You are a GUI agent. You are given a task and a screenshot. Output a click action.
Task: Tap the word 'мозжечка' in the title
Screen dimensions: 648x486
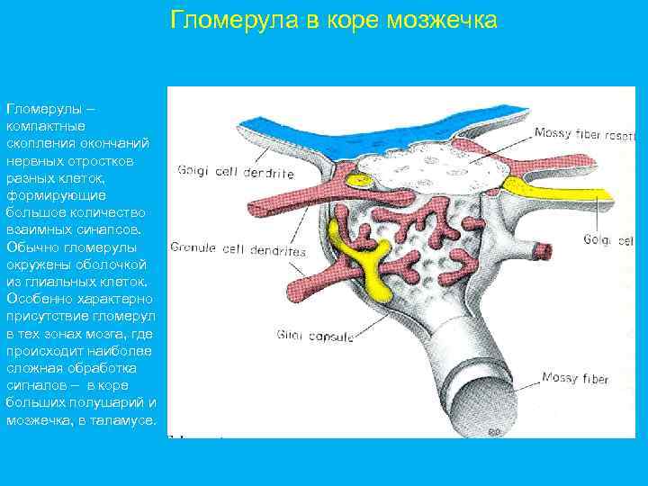click(x=446, y=20)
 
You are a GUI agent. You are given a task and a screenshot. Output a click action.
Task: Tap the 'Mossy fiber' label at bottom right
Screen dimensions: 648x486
click(x=575, y=377)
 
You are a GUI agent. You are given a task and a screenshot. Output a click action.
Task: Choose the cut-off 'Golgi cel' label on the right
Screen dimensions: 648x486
click(x=609, y=240)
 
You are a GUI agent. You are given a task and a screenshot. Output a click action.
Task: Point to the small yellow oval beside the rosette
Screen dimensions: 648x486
click(x=363, y=181)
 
